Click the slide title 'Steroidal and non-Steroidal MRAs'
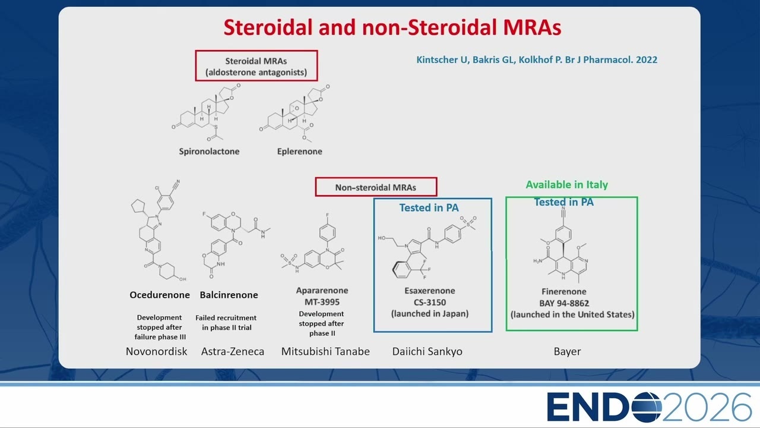click(x=392, y=27)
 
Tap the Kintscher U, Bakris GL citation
click(x=537, y=60)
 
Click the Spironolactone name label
click(x=209, y=152)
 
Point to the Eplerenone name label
click(x=300, y=152)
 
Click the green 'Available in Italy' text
click(x=567, y=185)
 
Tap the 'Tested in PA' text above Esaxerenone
click(x=429, y=207)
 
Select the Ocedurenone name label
click(x=160, y=295)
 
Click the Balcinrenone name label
click(x=229, y=295)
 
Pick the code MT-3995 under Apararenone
click(x=322, y=302)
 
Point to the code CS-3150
click(x=429, y=303)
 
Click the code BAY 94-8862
click(x=564, y=303)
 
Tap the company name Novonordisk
click(x=156, y=351)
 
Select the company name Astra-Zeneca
click(x=233, y=351)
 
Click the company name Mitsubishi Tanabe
click(x=325, y=351)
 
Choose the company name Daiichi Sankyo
click(x=427, y=351)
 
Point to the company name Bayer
click(x=567, y=351)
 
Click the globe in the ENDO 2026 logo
click(x=647, y=407)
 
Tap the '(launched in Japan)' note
click(x=430, y=313)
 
